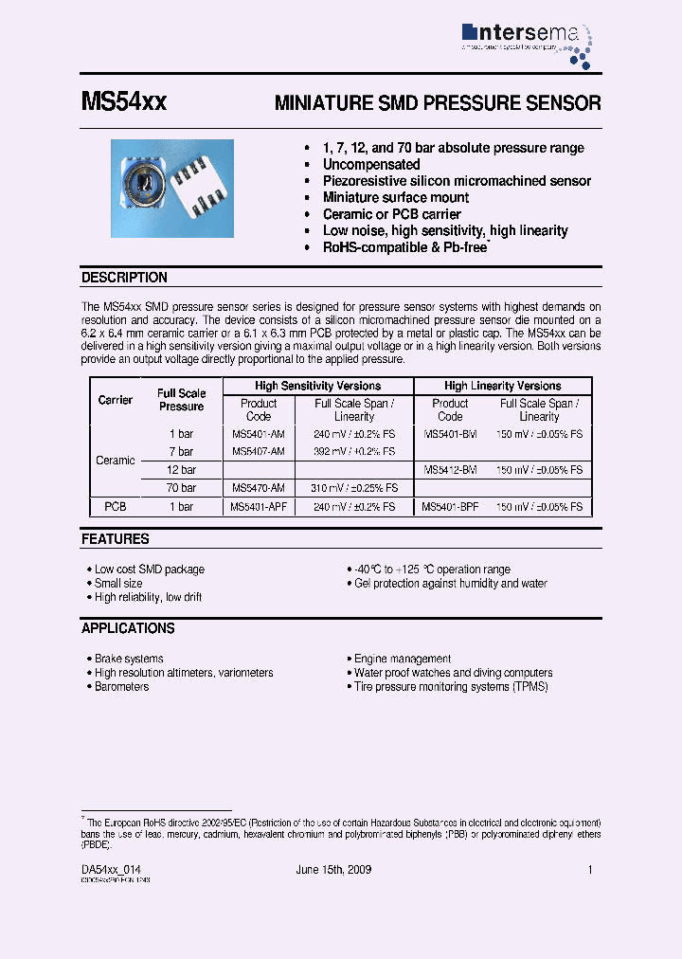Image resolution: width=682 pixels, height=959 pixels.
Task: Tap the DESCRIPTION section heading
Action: click(x=124, y=278)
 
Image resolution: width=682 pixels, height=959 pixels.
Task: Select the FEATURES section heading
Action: click(x=116, y=539)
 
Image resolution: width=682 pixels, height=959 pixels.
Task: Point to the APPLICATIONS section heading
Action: click(x=128, y=628)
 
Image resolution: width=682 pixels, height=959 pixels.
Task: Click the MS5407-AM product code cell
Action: click(x=258, y=452)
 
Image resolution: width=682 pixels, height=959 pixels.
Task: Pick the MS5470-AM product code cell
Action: click(x=258, y=487)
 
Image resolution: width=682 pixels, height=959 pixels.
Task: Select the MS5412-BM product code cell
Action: click(x=450, y=470)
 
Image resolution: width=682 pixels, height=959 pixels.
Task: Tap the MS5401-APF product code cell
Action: click(x=260, y=507)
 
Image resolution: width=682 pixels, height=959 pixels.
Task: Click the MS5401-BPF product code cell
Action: click(x=451, y=507)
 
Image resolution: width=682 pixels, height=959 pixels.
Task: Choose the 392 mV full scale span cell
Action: click(x=354, y=452)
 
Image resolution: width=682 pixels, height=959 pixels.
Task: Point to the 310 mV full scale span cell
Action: click(x=354, y=487)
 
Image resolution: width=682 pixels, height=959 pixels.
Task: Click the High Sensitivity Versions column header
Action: click(x=317, y=386)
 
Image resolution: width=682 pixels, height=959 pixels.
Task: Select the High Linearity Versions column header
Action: click(x=502, y=386)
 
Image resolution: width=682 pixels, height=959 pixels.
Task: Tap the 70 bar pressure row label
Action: click(x=181, y=487)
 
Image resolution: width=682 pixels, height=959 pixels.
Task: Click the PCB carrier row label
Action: click(x=116, y=507)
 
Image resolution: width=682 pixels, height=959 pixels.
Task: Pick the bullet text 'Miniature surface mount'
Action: click(x=396, y=197)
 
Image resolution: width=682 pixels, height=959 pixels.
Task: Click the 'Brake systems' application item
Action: click(x=129, y=659)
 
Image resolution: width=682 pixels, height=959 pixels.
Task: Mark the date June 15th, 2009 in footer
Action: click(x=334, y=869)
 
